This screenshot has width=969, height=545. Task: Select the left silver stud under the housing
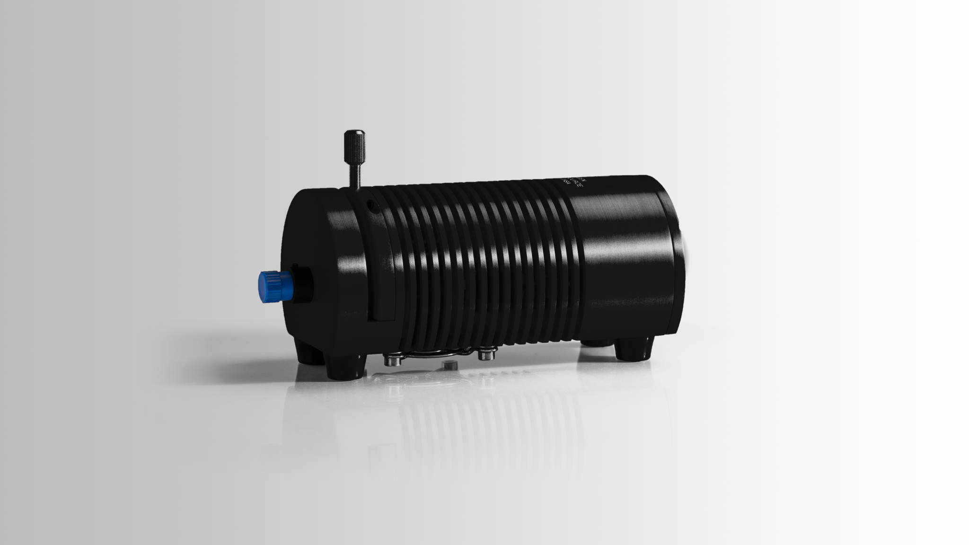pos(391,361)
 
